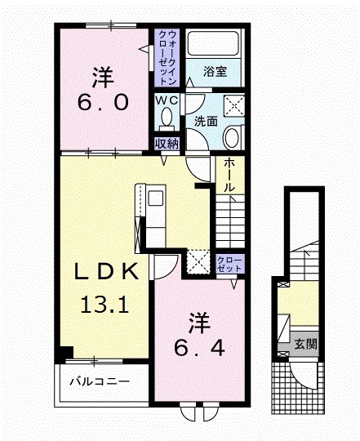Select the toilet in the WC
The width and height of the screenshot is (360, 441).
pyautogui.click(x=168, y=116)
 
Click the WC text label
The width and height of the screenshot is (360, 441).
pyautogui.click(x=167, y=100)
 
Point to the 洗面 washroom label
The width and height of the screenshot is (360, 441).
pyautogui.click(x=205, y=121)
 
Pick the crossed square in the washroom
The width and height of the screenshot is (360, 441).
pyautogui.click(x=234, y=106)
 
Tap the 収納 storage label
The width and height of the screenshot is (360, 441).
pyautogui.click(x=167, y=144)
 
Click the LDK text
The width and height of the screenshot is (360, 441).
pyautogui.click(x=100, y=273)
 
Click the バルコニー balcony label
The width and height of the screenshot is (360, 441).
pyautogui.click(x=99, y=381)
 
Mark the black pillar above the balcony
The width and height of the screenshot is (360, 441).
pyautogui.click(x=64, y=353)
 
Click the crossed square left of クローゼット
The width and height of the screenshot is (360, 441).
pyautogui.click(x=199, y=261)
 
